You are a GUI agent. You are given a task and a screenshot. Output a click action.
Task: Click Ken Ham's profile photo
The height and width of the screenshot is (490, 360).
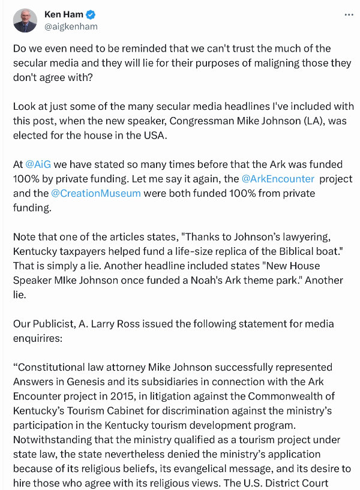pos(25,20)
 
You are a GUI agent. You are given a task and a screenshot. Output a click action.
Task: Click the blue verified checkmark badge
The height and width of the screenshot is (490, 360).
pos(91,14)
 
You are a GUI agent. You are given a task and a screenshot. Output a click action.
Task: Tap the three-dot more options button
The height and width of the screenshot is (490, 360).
pos(349,14)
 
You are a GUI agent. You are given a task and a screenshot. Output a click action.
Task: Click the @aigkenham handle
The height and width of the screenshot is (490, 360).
pos(71,26)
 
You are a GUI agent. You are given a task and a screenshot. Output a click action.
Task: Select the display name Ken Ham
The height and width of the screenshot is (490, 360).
pos(64,14)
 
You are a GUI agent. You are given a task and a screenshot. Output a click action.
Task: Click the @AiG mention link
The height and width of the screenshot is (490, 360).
pos(39,163)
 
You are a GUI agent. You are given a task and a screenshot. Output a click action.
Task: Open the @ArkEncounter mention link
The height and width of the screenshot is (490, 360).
pos(278,179)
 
